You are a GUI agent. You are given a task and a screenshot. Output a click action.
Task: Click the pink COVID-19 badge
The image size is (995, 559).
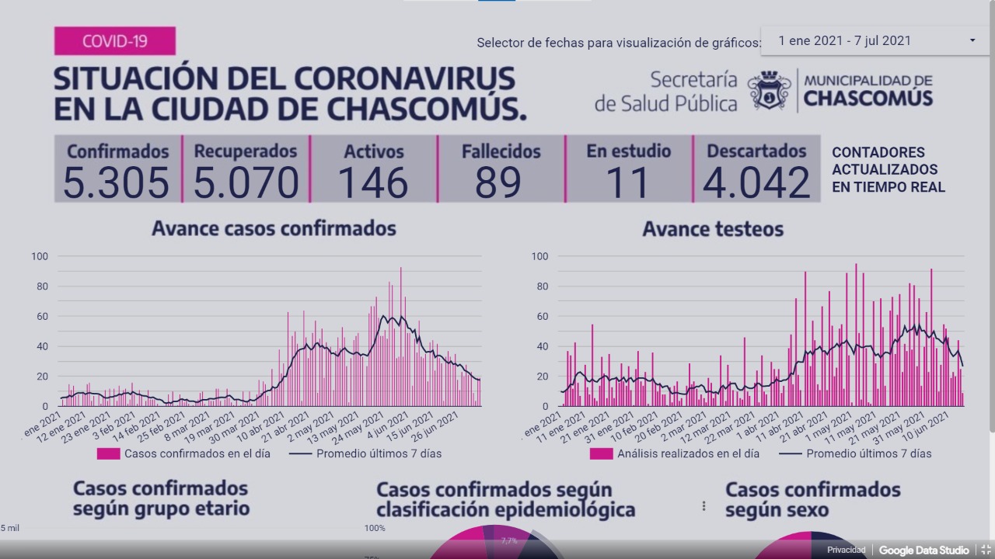point(114,41)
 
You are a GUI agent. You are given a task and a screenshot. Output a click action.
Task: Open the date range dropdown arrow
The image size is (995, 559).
point(972,40)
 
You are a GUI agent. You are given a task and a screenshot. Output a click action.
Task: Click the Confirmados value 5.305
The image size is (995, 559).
point(117,183)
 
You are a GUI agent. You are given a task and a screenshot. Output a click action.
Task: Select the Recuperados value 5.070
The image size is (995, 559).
point(246,183)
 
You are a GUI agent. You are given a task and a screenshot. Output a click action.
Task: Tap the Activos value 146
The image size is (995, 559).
point(373,183)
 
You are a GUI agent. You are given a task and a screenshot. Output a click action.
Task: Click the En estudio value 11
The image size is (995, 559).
point(627,183)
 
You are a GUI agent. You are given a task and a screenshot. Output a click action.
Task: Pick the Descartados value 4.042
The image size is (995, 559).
point(756,183)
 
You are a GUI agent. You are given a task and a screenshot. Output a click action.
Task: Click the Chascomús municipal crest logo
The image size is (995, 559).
point(769,91)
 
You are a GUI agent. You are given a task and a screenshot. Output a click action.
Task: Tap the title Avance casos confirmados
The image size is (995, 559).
point(274,228)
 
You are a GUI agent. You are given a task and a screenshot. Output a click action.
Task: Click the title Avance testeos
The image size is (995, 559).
point(713,229)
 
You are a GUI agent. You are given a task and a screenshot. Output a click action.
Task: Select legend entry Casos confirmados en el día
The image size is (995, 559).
point(197,453)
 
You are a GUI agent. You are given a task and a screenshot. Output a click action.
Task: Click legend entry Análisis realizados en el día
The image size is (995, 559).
point(688,453)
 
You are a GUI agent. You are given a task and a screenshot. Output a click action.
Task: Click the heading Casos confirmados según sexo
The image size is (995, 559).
point(812,499)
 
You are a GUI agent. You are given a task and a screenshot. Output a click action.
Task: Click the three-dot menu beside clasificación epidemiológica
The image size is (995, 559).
point(704,505)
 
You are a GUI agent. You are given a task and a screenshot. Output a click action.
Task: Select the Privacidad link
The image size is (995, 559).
point(846,550)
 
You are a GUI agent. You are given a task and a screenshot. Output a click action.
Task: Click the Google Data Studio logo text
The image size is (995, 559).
point(923,550)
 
